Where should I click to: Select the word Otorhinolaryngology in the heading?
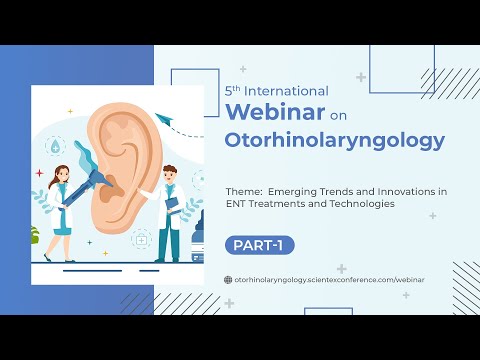pos(335,141)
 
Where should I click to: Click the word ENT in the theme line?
pos(237,203)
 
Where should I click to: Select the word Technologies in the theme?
pos(358,203)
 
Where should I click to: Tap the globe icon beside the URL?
pos(227,280)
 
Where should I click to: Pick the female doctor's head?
pos(59,175)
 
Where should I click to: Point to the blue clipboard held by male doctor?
pos(172,205)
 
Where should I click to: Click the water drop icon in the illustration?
pos(53,145)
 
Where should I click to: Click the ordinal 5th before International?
pos(234,89)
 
